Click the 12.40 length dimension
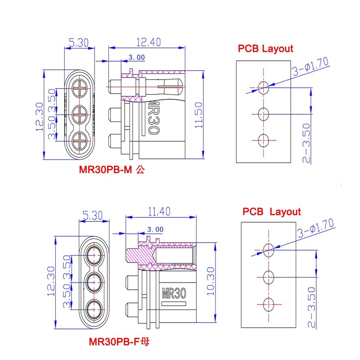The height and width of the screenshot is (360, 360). (148, 42)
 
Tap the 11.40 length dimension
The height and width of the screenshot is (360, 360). (159, 211)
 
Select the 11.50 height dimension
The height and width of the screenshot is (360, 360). (198, 115)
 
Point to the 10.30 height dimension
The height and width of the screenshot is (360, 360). (211, 281)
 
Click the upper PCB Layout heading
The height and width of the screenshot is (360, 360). (265, 49)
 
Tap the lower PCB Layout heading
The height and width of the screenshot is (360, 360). (272, 211)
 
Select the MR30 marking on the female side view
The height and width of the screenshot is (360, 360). (174, 293)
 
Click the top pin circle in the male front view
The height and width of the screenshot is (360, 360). (80, 88)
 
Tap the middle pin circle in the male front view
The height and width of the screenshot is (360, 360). (80, 114)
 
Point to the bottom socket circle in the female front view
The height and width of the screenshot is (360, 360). (94, 310)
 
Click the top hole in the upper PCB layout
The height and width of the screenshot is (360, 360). (263, 87)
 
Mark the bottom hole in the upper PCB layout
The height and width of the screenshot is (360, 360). (263, 140)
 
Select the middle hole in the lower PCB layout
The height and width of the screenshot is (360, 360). (268, 277)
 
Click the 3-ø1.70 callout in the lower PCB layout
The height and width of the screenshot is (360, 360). (316, 228)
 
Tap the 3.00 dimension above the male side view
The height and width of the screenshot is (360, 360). (137, 58)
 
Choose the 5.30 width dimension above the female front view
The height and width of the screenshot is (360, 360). (93, 216)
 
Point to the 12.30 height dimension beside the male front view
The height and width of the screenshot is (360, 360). (40, 117)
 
